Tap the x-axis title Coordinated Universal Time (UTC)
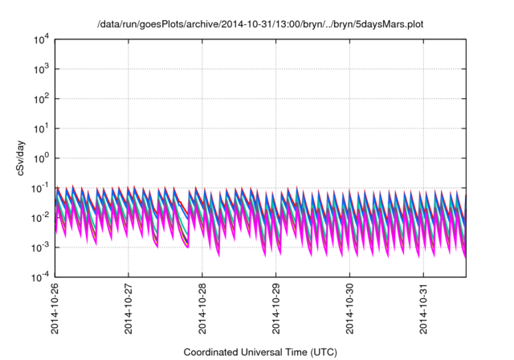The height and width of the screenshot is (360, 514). [x=259, y=352]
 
